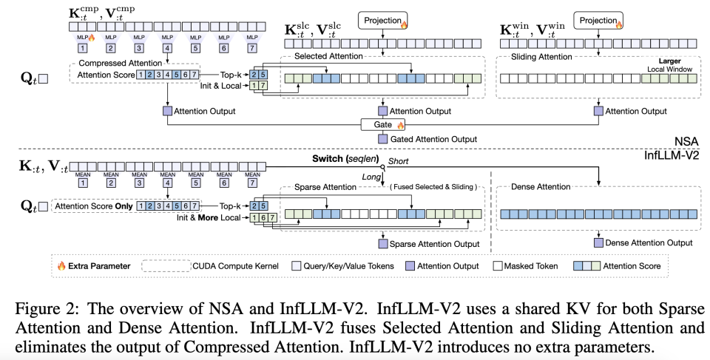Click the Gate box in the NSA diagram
coord(382,125)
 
